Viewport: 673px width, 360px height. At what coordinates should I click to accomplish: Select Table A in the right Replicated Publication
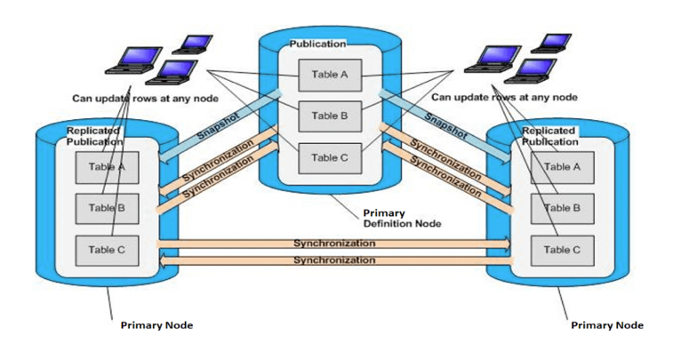(x=562, y=166)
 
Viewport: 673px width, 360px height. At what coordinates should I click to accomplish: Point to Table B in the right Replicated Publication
(x=562, y=208)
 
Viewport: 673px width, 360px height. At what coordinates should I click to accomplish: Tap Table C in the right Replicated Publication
(x=562, y=250)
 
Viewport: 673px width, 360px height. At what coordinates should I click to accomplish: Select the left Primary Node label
(x=156, y=325)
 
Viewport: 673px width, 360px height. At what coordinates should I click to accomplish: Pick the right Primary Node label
(x=607, y=325)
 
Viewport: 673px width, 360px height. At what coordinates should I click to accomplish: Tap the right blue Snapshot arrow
(x=445, y=124)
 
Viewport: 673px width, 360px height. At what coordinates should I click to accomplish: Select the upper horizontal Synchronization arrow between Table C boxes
(x=333, y=243)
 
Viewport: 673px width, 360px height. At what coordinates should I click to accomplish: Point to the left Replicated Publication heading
(x=94, y=136)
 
